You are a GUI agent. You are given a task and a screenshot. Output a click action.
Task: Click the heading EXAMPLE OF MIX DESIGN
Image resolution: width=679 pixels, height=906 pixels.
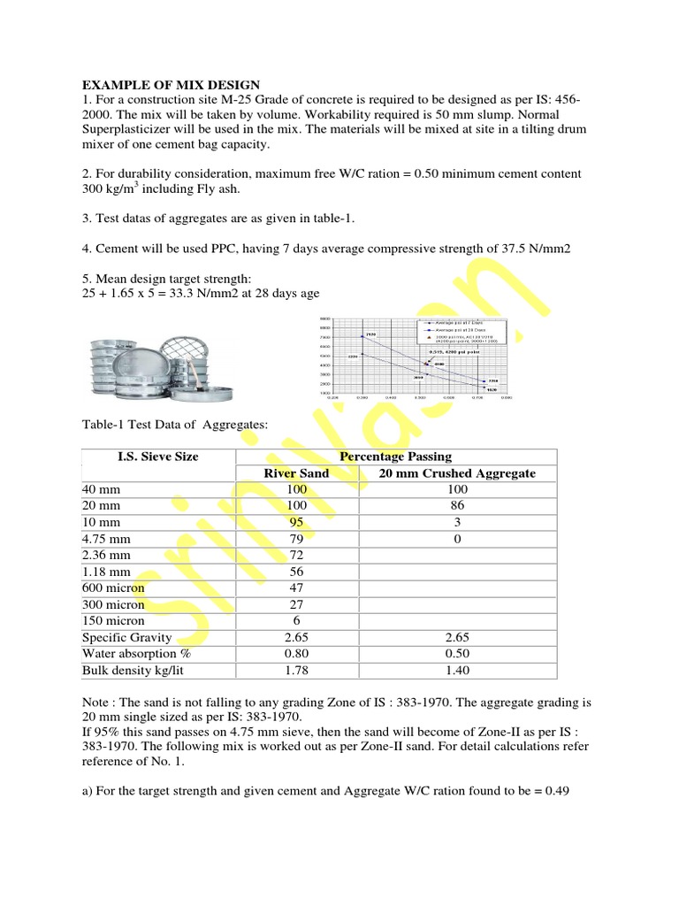click(172, 86)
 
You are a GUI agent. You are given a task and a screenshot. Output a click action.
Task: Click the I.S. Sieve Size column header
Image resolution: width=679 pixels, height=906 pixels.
click(158, 457)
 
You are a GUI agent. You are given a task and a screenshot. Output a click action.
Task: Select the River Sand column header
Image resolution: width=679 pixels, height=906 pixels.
click(296, 473)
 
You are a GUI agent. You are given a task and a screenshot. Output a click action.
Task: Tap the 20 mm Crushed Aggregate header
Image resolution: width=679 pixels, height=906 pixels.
click(457, 473)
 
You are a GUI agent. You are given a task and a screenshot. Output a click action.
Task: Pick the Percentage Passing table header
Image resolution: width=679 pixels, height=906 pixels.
click(395, 457)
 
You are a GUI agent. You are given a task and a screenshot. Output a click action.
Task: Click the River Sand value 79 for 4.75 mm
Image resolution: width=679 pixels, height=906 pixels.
click(296, 538)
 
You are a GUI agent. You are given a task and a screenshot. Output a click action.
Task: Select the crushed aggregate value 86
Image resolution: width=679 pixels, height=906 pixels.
click(457, 505)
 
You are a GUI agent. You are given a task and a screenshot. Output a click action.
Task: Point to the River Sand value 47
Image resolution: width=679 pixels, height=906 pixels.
click(296, 587)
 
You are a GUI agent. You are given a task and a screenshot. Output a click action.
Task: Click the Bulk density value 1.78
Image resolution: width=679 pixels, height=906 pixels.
click(296, 670)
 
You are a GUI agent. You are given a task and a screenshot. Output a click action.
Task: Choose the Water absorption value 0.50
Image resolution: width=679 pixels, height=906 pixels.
click(457, 654)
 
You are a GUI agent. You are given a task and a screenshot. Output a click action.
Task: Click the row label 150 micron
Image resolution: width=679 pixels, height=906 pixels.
click(112, 620)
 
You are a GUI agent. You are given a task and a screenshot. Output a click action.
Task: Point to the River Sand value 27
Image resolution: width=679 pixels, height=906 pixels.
click(296, 604)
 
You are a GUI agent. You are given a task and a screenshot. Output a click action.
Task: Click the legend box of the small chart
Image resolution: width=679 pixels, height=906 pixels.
click(460, 335)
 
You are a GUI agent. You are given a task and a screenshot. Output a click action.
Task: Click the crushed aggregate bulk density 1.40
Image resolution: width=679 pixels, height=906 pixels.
click(457, 670)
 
